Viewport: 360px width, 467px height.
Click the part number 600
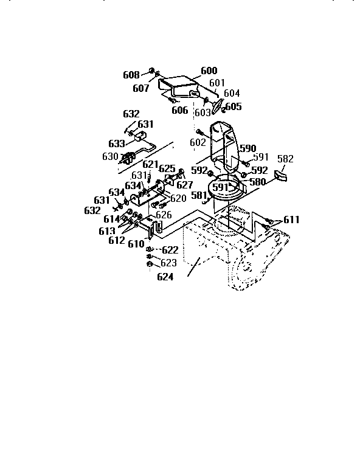(x=208, y=71)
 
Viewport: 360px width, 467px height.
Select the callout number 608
(x=131, y=75)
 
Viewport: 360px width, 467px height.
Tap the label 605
(x=234, y=106)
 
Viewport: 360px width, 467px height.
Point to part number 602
(x=198, y=142)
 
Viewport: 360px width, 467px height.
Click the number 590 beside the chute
(x=247, y=148)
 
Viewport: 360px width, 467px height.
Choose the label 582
(x=285, y=159)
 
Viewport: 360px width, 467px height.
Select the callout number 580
(x=257, y=181)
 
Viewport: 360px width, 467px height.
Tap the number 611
(x=291, y=220)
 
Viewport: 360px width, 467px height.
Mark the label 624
(x=165, y=277)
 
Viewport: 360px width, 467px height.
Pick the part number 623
(x=168, y=263)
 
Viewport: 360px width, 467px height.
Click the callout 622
(x=170, y=250)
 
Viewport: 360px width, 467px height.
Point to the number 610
(x=136, y=244)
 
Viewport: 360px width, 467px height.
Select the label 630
(x=110, y=156)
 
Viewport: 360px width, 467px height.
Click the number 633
(x=117, y=144)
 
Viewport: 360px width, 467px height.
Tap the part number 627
(x=185, y=185)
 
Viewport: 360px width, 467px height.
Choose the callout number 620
(x=178, y=198)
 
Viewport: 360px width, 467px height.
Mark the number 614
(x=111, y=219)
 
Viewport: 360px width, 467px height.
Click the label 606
(x=179, y=110)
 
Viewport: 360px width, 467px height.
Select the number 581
(x=199, y=195)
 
